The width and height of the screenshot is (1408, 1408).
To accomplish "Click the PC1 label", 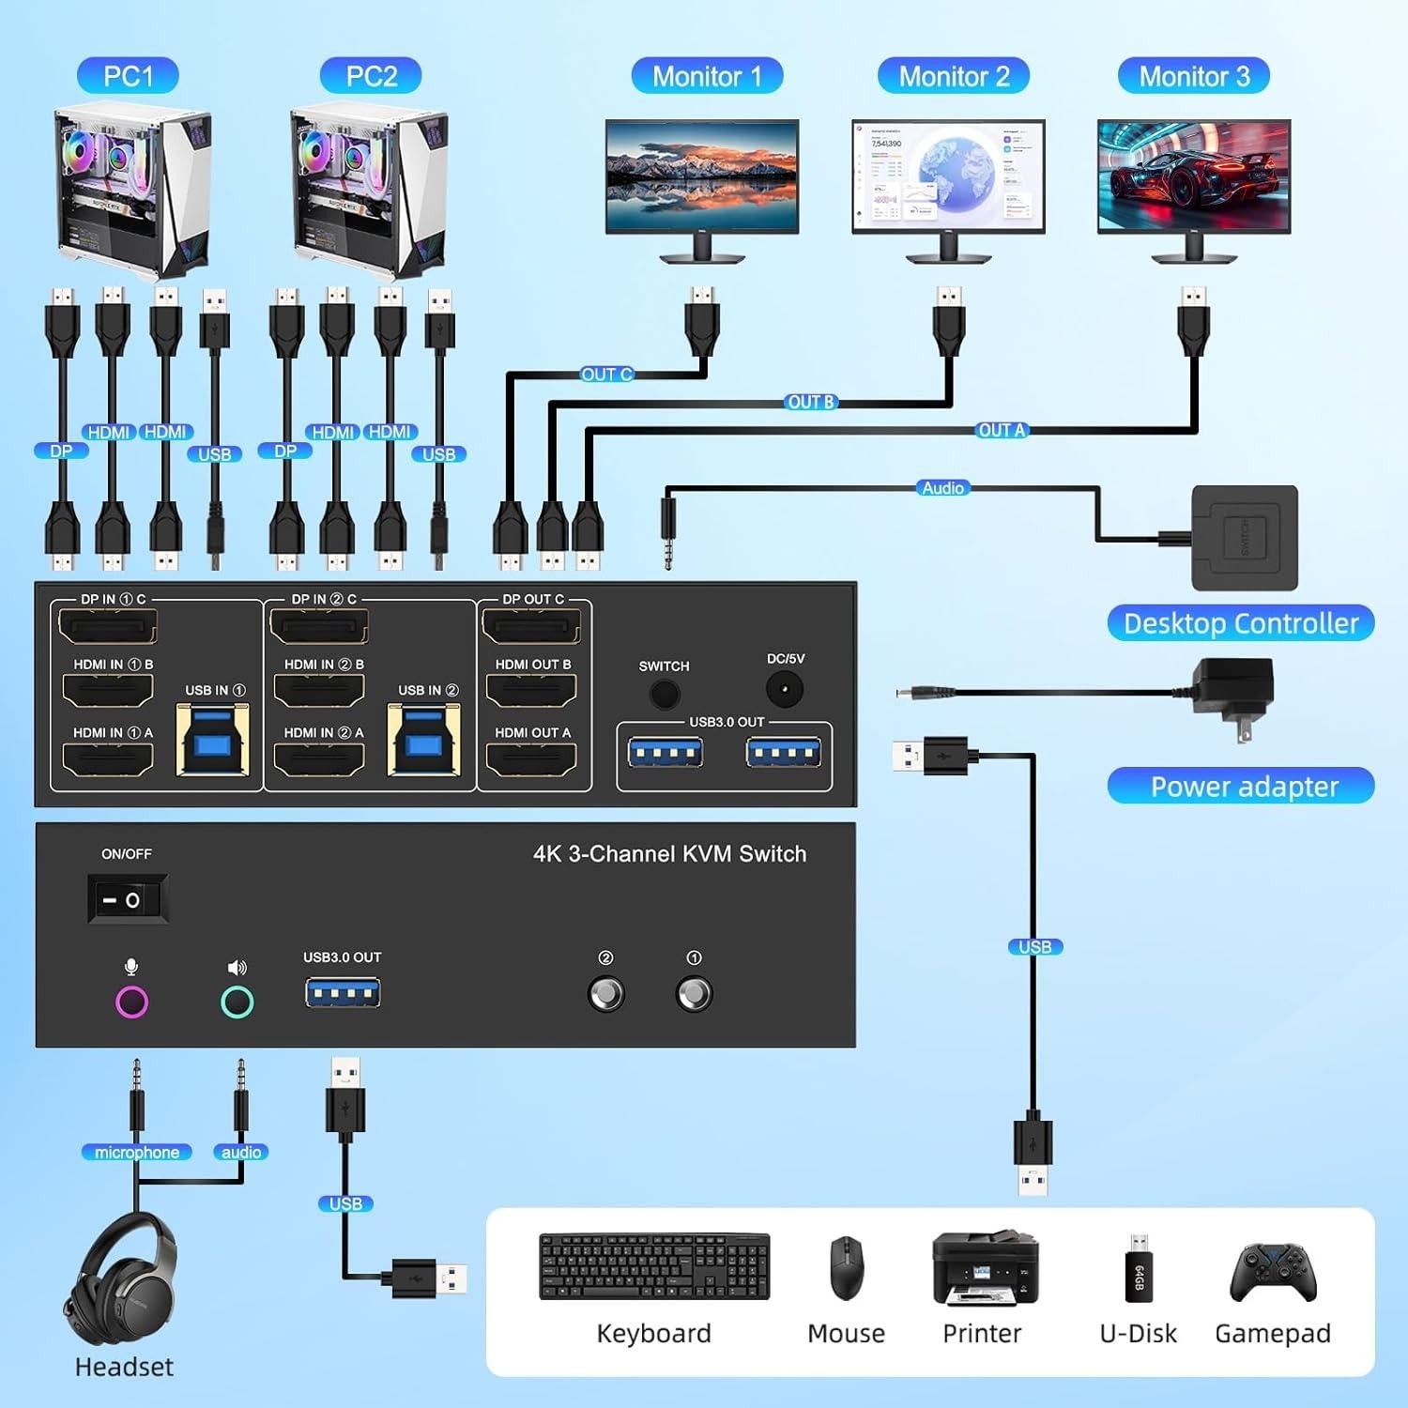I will (x=128, y=76).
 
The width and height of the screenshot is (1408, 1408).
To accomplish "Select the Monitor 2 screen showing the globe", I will (x=948, y=176).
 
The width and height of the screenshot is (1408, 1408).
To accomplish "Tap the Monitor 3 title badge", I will (x=1193, y=76).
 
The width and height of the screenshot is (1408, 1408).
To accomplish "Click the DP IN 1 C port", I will (x=108, y=626).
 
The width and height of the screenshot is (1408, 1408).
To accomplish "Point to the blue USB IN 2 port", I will (x=424, y=741).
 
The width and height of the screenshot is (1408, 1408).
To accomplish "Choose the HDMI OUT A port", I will (x=531, y=758).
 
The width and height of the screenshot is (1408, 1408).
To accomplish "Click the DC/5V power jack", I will (x=784, y=691).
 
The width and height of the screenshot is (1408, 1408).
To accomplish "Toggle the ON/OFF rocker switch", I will (x=128, y=899).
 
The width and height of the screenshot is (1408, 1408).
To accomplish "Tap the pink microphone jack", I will (x=131, y=1002).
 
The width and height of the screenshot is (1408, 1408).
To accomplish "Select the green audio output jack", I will (x=237, y=1002).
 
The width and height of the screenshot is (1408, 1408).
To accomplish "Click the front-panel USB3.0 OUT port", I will (x=343, y=992).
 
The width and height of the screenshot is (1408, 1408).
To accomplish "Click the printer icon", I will (x=985, y=1268).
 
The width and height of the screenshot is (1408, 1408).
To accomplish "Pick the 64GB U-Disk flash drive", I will (x=1138, y=1269).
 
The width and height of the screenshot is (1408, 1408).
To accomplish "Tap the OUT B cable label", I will (x=810, y=402).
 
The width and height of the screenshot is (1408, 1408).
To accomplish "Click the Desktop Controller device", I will (x=1244, y=537).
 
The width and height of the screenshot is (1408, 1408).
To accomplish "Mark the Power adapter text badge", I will (x=1241, y=786).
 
